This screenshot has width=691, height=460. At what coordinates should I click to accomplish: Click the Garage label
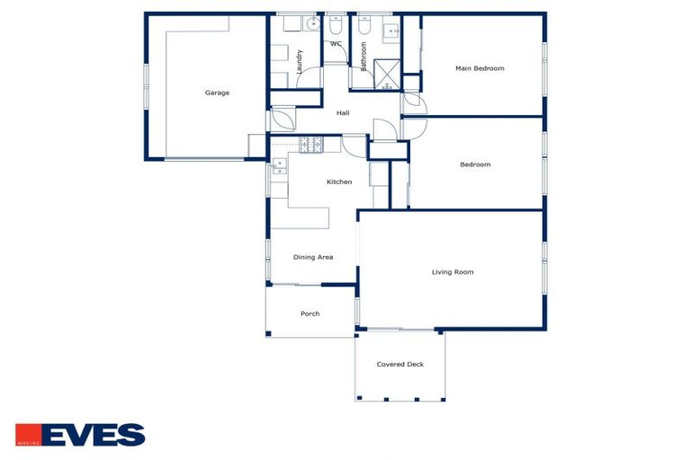[217, 93]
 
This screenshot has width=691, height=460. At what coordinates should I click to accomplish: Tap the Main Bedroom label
[480, 68]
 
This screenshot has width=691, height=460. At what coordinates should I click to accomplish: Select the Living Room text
[453, 271]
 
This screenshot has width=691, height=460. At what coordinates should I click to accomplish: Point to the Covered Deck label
[400, 364]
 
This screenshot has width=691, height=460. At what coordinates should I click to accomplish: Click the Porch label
[310, 314]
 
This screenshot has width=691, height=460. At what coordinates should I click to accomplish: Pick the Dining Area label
[313, 257]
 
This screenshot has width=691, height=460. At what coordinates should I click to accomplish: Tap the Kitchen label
[339, 181]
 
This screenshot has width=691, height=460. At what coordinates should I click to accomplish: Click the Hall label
[343, 113]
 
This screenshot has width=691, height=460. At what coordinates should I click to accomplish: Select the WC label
[336, 43]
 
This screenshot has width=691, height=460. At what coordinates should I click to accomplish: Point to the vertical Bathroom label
[364, 56]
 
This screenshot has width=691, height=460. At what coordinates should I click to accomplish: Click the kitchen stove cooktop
[310, 144]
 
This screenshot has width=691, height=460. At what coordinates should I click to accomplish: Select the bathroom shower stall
[387, 75]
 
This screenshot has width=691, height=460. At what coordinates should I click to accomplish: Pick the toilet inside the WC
[336, 28]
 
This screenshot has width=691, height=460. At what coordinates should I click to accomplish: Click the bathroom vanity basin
[393, 32]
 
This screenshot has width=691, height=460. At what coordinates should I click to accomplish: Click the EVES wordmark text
[93, 435]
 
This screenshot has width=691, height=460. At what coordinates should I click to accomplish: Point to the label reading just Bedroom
[475, 164]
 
